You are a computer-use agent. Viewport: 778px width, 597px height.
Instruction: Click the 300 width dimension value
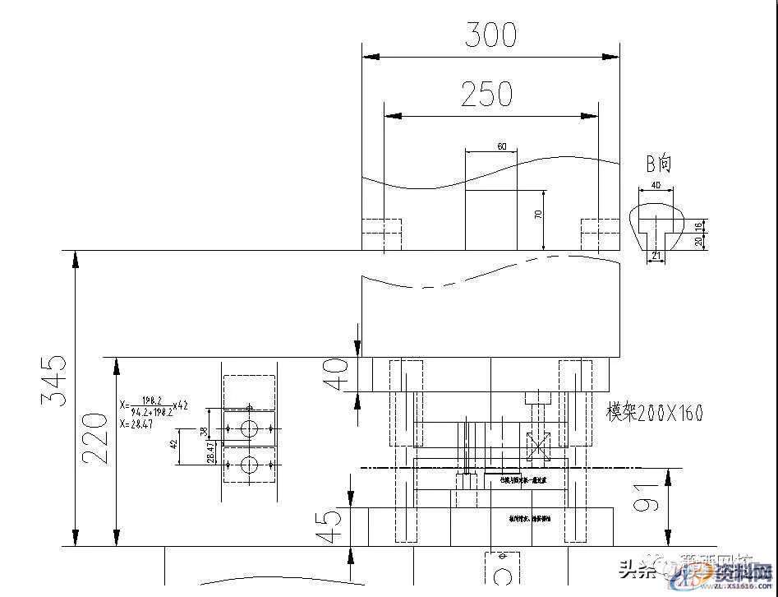tap(490, 35)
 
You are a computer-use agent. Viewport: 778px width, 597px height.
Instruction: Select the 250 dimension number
tap(486, 95)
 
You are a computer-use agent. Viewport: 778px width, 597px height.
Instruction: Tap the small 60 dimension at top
tap(501, 146)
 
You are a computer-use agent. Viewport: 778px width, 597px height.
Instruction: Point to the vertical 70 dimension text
tap(539, 215)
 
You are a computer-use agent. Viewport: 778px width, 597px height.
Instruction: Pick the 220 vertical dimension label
tap(96, 437)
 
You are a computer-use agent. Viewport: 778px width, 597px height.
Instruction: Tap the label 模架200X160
tap(655, 413)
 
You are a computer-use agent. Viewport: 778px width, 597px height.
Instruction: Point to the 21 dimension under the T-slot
tap(656, 256)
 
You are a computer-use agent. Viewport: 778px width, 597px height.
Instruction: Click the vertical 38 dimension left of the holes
tap(204, 431)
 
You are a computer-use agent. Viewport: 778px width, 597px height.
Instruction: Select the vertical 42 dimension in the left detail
tap(173, 445)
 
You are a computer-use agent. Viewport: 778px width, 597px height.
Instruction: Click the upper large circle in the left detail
tap(249, 428)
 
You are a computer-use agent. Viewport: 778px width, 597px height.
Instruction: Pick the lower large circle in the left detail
tap(249, 465)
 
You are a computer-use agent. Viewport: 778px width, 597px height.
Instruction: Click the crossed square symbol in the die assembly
tap(538, 448)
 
